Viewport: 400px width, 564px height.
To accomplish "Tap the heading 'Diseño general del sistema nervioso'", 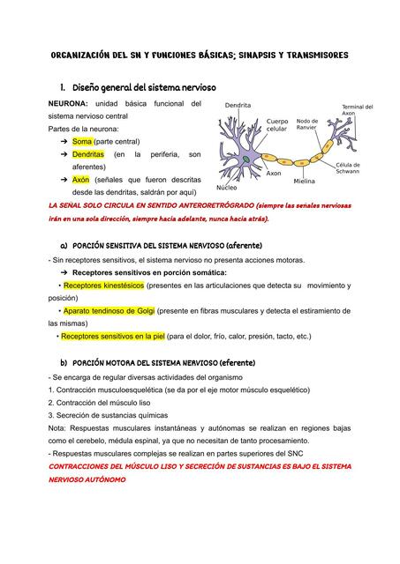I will [x=137, y=88].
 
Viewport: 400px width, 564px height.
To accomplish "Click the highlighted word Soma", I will [x=82, y=141].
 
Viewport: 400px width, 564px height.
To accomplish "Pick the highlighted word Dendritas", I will [x=88, y=154].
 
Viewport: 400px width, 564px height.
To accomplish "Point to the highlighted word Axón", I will [x=81, y=178].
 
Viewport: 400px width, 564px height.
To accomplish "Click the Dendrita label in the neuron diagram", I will [x=238, y=106].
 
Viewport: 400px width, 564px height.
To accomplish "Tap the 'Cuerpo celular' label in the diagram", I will [x=277, y=125].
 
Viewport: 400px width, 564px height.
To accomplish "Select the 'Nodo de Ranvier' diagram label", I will [x=307, y=124].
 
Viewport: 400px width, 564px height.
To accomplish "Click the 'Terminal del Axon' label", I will [x=358, y=110].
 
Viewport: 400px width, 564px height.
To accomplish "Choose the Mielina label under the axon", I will [x=305, y=181].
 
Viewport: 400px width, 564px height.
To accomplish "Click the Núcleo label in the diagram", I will [x=226, y=188].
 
